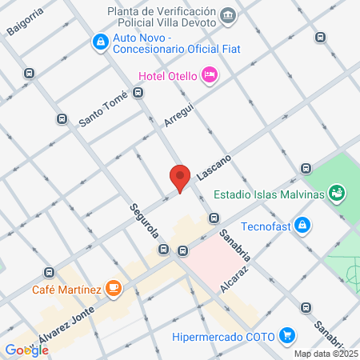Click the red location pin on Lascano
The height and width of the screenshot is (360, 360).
point(180,177)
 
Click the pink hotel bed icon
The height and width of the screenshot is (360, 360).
point(210,74)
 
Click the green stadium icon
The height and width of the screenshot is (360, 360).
point(338,193)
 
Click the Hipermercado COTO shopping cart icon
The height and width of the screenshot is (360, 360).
point(288,336)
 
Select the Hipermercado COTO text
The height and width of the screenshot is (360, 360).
point(224,336)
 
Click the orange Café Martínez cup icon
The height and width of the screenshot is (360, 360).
point(114,287)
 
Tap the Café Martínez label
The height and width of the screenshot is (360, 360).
point(67,288)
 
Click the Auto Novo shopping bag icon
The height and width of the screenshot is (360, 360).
point(100,42)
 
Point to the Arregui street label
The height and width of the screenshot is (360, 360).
point(179,114)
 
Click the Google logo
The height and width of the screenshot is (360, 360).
point(26,350)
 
